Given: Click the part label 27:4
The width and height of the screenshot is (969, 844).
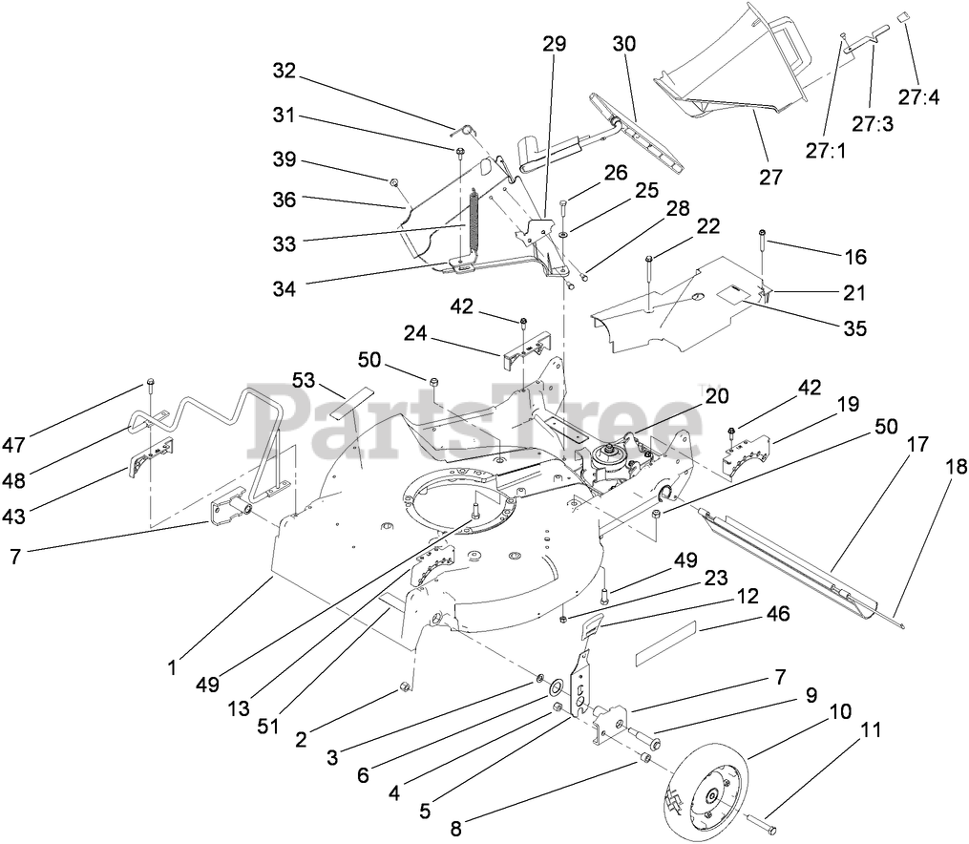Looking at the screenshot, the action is coord(918,96).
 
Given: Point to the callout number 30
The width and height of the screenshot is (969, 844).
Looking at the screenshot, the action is coord(623,44).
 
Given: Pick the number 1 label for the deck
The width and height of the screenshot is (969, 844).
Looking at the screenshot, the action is coord(172,669).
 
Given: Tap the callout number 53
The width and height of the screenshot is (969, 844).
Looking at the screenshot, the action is coord(304,381).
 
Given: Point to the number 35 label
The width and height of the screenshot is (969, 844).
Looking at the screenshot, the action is coord(854,328).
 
